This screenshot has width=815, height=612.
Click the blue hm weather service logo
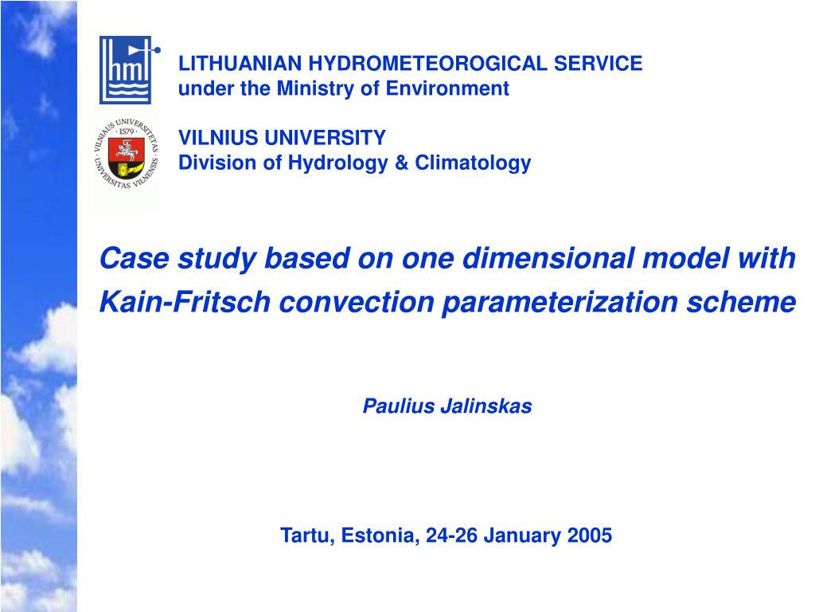click(x=129, y=70)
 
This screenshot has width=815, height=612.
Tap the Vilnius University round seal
click(x=127, y=154)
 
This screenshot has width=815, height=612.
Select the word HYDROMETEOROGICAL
click(x=427, y=64)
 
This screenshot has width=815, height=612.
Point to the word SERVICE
click(x=598, y=64)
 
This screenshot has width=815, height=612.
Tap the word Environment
click(x=447, y=88)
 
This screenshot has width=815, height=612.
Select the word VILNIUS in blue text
click(x=218, y=138)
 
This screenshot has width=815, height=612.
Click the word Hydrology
click(x=337, y=163)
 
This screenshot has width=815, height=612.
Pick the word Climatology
click(x=473, y=163)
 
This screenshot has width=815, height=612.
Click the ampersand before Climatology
click(x=401, y=163)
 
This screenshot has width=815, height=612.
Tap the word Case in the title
click(x=135, y=258)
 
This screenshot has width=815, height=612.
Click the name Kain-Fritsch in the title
click(x=185, y=302)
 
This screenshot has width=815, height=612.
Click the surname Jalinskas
click(x=486, y=406)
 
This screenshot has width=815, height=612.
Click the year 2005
click(x=590, y=535)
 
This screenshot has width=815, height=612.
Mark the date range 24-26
click(x=451, y=535)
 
